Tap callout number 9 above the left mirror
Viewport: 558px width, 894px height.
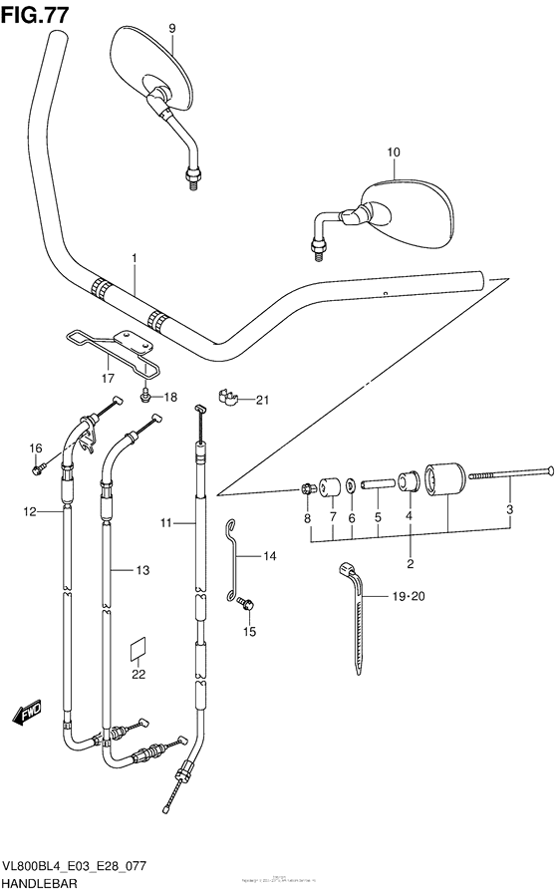point(170,29)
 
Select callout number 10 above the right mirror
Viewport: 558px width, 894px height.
point(394,152)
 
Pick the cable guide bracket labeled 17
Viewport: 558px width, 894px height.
point(110,344)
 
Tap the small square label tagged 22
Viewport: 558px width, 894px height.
point(139,650)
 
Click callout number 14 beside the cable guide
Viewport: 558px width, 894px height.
point(270,555)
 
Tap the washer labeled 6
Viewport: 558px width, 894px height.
point(352,485)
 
